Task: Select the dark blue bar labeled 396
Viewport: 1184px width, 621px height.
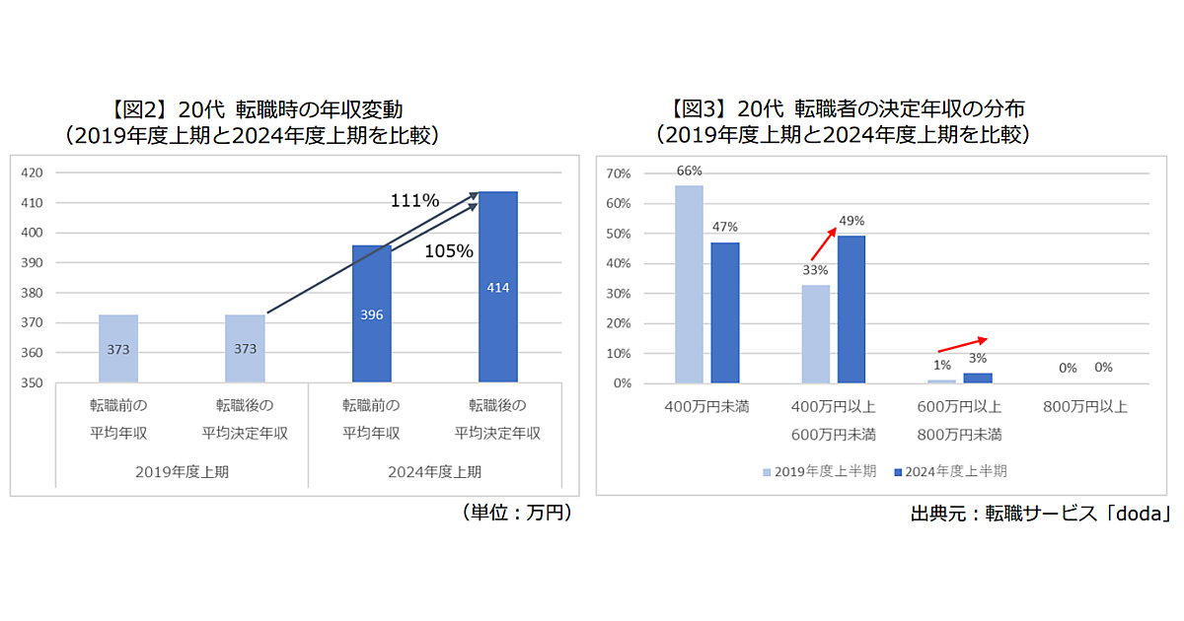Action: (x=371, y=313)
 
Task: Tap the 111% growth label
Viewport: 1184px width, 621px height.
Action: (x=414, y=201)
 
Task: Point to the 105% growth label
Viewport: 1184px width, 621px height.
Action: (x=449, y=251)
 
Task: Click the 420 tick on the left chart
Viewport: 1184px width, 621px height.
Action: (x=33, y=172)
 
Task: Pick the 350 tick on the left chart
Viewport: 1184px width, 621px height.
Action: (x=33, y=382)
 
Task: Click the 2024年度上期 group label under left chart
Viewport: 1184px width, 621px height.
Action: (x=434, y=471)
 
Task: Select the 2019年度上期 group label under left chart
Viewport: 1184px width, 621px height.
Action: (x=182, y=471)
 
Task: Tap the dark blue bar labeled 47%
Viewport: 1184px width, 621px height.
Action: (x=725, y=312)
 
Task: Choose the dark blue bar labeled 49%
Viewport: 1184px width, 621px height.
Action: (x=851, y=310)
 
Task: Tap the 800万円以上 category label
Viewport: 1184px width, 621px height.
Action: (x=1084, y=406)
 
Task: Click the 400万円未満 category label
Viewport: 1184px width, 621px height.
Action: (x=706, y=406)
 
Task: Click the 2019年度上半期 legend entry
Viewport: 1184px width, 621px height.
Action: (x=818, y=471)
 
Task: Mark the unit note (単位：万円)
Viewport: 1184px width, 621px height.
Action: (x=515, y=513)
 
